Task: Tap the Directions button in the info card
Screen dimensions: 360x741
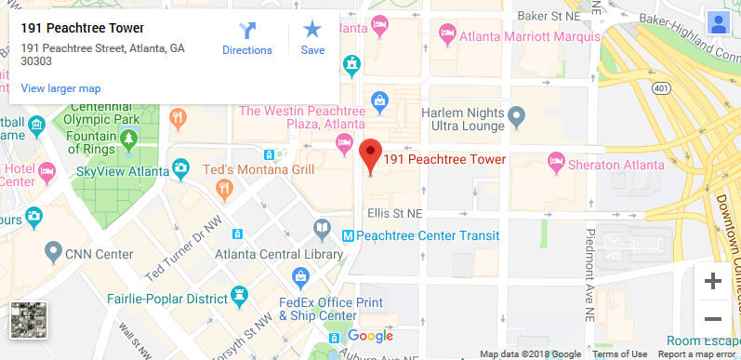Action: (247, 38)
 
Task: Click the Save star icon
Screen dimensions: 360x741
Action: (312, 38)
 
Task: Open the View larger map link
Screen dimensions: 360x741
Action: (60, 88)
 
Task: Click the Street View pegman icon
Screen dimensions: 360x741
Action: (718, 23)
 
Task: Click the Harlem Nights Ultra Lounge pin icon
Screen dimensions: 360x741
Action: (519, 116)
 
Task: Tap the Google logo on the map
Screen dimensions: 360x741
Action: (371, 336)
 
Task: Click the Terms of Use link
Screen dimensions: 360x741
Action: (619, 354)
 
